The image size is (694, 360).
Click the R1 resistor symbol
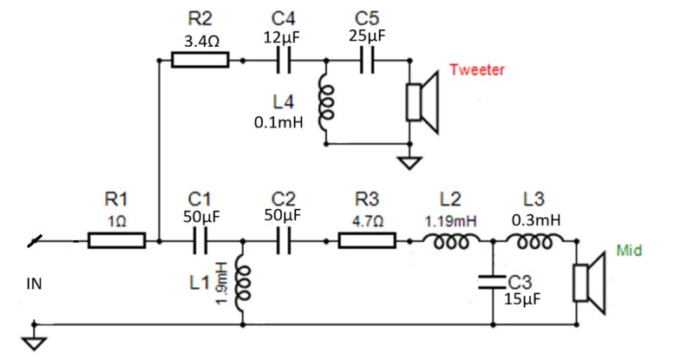point(116,240)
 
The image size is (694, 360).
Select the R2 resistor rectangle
point(200,60)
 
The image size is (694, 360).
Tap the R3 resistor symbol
point(367,240)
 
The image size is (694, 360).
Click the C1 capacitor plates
point(200,241)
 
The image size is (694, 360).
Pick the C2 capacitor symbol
point(284,241)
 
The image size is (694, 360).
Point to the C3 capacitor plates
point(493,282)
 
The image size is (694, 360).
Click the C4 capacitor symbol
point(284,60)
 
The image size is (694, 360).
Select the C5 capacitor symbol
point(367,60)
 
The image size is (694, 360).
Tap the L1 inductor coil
point(244,284)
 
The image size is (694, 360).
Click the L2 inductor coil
point(451,241)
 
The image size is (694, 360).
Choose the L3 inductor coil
point(534,241)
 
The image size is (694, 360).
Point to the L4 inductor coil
point(326,103)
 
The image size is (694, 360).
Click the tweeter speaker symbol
point(422,102)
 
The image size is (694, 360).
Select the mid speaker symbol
point(589,283)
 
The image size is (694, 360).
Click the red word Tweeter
point(477,69)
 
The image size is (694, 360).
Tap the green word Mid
point(629,250)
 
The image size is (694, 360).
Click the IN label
point(34,284)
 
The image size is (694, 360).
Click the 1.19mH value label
point(451,221)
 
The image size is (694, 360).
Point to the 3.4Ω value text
point(201,42)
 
